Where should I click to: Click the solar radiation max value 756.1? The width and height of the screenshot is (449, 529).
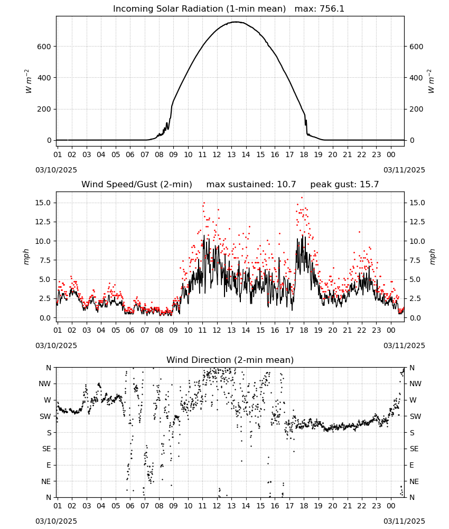click(x=332, y=8)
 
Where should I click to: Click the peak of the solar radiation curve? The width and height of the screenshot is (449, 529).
click(x=236, y=22)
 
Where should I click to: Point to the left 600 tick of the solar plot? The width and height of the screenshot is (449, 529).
click(x=44, y=47)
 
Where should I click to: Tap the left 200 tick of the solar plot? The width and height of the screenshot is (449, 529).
click(x=44, y=110)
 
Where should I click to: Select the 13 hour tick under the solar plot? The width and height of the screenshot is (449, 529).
click(x=231, y=154)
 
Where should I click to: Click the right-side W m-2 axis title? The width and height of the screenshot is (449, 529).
click(x=431, y=81)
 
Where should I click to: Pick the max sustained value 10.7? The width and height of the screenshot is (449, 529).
click(x=286, y=184)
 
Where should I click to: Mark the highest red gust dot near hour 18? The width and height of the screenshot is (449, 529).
click(x=302, y=198)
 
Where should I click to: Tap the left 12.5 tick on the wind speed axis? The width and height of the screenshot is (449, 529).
click(x=43, y=222)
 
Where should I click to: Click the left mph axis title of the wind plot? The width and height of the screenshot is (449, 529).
click(x=26, y=257)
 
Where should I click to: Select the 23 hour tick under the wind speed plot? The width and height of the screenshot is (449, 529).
click(x=376, y=330)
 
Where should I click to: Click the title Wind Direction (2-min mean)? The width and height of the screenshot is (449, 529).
click(x=230, y=360)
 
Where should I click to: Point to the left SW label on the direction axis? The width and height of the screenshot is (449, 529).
click(x=45, y=417)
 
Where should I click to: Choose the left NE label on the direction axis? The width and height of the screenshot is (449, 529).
click(x=46, y=482)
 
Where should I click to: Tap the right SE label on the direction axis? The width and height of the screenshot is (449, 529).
click(x=414, y=449)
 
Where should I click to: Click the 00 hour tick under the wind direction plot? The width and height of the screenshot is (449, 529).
click(x=391, y=506)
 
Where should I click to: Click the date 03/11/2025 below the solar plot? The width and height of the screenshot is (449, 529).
click(x=404, y=170)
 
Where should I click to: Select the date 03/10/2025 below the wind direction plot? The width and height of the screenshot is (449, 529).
click(x=56, y=521)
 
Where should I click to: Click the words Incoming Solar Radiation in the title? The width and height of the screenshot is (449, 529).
click(x=168, y=8)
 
